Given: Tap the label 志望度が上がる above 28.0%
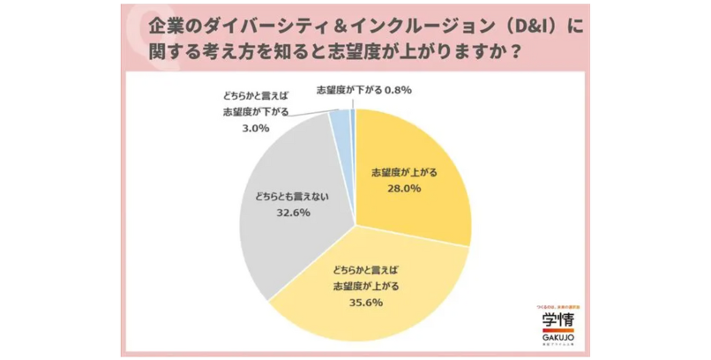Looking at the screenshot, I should pos(401,171).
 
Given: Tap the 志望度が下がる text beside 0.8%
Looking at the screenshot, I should pos(348,90).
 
